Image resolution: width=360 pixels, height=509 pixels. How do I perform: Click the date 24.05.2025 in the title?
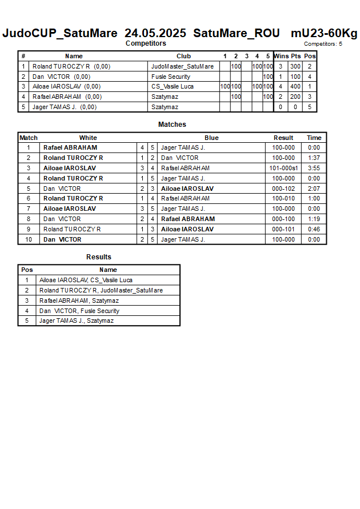155,33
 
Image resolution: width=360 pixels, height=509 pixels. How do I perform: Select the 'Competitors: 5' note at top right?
323,44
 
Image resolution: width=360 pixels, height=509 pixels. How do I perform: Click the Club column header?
183,56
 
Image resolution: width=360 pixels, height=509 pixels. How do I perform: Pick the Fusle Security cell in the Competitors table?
171,77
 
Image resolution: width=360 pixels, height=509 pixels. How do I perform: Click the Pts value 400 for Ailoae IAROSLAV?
295,87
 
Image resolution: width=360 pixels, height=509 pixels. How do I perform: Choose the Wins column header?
281,56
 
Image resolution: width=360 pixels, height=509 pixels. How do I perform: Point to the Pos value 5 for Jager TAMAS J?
309,107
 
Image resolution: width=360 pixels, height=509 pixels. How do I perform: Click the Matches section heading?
172,125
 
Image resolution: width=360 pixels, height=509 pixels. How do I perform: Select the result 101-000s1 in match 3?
283,168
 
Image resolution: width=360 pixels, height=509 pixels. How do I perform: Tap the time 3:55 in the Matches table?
314,168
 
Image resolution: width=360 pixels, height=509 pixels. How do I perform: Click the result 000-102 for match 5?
283,189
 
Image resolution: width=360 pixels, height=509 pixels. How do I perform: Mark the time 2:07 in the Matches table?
314,189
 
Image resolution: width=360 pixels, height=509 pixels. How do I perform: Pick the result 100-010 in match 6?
283,198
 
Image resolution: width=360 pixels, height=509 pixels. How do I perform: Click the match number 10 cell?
28,239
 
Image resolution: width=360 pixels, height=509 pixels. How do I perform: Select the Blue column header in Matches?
211,138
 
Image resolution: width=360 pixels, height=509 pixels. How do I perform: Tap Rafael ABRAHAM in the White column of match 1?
70,147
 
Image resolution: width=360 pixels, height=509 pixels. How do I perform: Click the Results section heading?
99,257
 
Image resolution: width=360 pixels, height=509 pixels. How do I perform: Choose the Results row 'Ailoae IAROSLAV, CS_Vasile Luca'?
86,280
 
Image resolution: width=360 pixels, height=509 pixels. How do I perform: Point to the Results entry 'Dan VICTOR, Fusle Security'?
79,311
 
